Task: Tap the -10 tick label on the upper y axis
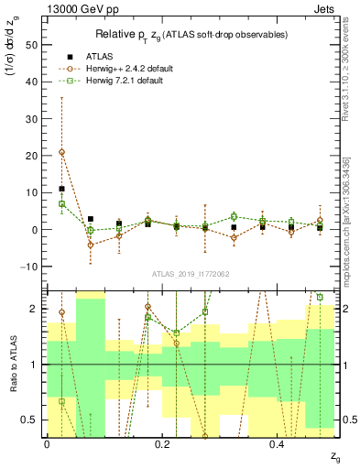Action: click(29, 267)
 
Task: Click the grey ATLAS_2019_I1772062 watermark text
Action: click(191, 274)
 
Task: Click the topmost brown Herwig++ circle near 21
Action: click(61, 152)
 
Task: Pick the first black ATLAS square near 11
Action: click(61, 189)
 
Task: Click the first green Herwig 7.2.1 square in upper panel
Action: click(61, 204)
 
